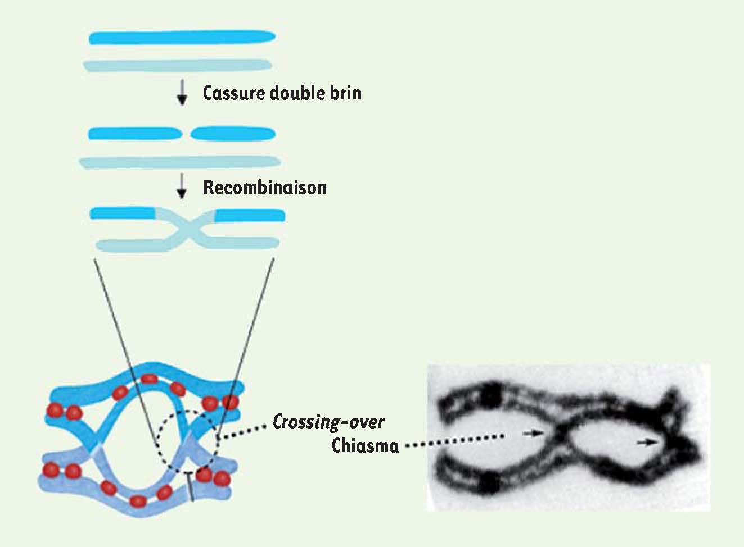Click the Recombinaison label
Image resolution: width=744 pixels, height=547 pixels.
coord(265,188)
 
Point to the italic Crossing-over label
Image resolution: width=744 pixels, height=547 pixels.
coord(328,422)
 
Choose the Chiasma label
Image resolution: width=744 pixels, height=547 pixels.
coord(365,445)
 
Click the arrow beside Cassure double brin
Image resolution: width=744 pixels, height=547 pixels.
coord(182,93)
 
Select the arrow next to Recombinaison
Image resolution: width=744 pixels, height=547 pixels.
coord(181,186)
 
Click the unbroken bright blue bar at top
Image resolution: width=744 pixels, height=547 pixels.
coord(182,38)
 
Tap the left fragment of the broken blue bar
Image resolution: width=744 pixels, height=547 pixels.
coord(135,134)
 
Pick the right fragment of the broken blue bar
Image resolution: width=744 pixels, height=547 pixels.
coord(233,134)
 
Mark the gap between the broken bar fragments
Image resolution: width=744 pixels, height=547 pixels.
coord(186,134)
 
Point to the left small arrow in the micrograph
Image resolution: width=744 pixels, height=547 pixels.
coord(534,433)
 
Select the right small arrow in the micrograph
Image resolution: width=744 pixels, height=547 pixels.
coord(647,442)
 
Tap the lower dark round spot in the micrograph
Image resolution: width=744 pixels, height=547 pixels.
coord(489,482)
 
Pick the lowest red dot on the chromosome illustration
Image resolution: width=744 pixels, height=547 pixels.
coord(138,501)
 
